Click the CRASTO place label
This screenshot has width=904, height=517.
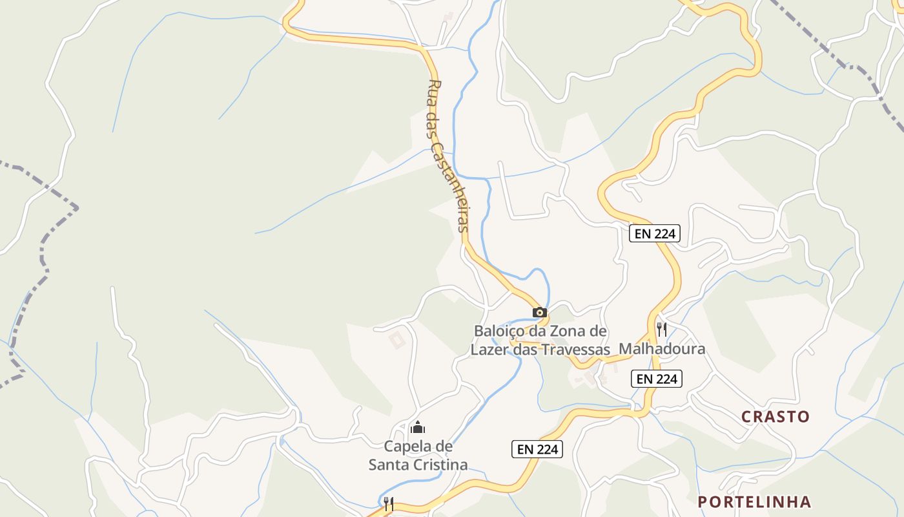pyautogui.click(x=775, y=417)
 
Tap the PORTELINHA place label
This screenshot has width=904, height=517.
pyautogui.click(x=754, y=502)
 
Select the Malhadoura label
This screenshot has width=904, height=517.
pyautogui.click(x=662, y=349)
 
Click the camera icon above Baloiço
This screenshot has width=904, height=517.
pyautogui.click(x=540, y=312)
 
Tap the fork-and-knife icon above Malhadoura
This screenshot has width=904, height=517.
pyautogui.click(x=661, y=330)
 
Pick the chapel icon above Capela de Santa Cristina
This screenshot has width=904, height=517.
pyautogui.click(x=418, y=427)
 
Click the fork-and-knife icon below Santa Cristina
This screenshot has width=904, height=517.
pyautogui.click(x=389, y=504)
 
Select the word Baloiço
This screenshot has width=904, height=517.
pyautogui.click(x=499, y=331)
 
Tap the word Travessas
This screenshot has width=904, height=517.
pyautogui.click(x=576, y=350)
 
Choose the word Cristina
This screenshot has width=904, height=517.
pyautogui.click(x=442, y=465)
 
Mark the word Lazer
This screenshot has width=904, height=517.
pyautogui.click(x=489, y=350)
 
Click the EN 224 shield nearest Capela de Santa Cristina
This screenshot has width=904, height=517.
pyautogui.click(x=537, y=449)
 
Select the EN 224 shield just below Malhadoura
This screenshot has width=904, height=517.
pyautogui.click(x=657, y=379)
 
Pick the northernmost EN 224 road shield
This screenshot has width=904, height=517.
pyautogui.click(x=655, y=233)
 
